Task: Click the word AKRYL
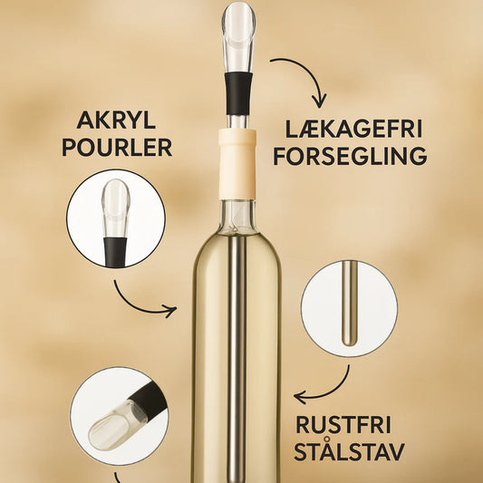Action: pyautogui.click(x=116, y=121)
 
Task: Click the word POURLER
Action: pyautogui.click(x=117, y=148)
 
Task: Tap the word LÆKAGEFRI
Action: pyautogui.click(x=353, y=129)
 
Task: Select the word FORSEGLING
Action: pyautogui.click(x=350, y=156)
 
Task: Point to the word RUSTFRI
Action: pyautogui.click(x=343, y=425)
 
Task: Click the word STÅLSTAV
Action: pyautogui.click(x=349, y=451)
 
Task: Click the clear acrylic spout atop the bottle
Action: pyautogui.click(x=238, y=37)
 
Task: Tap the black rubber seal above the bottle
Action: pyautogui.click(x=238, y=93)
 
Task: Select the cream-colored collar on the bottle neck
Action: pyautogui.click(x=237, y=165)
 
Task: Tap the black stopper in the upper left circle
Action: pyautogui.click(x=115, y=252)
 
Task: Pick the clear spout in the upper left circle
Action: pyautogui.click(x=116, y=208)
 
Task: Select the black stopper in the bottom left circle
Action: pyautogui.click(x=150, y=401)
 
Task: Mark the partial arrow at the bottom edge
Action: pyautogui.click(x=119, y=478)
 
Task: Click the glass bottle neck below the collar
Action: pyautogui.click(x=237, y=217)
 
